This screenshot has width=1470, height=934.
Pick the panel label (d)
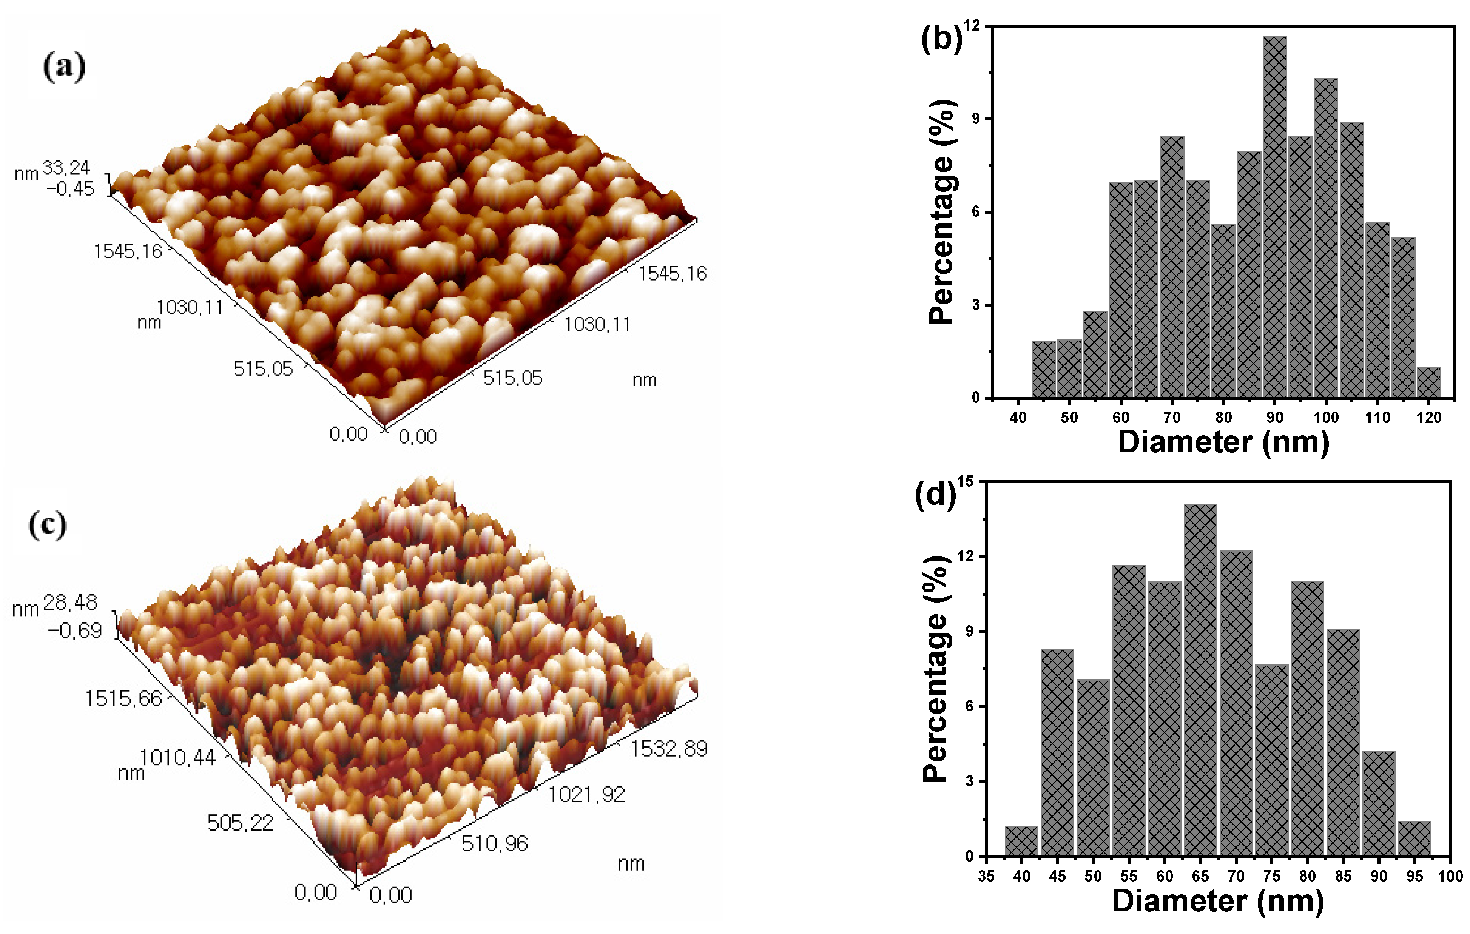pos(935,493)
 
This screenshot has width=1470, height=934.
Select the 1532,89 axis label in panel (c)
pos(668,748)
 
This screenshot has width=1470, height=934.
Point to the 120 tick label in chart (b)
pos(1428,418)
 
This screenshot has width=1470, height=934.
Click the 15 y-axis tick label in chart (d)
pos(965,481)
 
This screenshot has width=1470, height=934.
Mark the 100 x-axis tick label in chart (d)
pos(1450,876)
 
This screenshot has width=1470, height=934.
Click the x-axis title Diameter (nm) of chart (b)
pos(1223,441)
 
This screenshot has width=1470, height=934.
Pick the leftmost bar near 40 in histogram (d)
pos(1021,841)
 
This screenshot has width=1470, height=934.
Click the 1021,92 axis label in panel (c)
pos(586,794)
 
